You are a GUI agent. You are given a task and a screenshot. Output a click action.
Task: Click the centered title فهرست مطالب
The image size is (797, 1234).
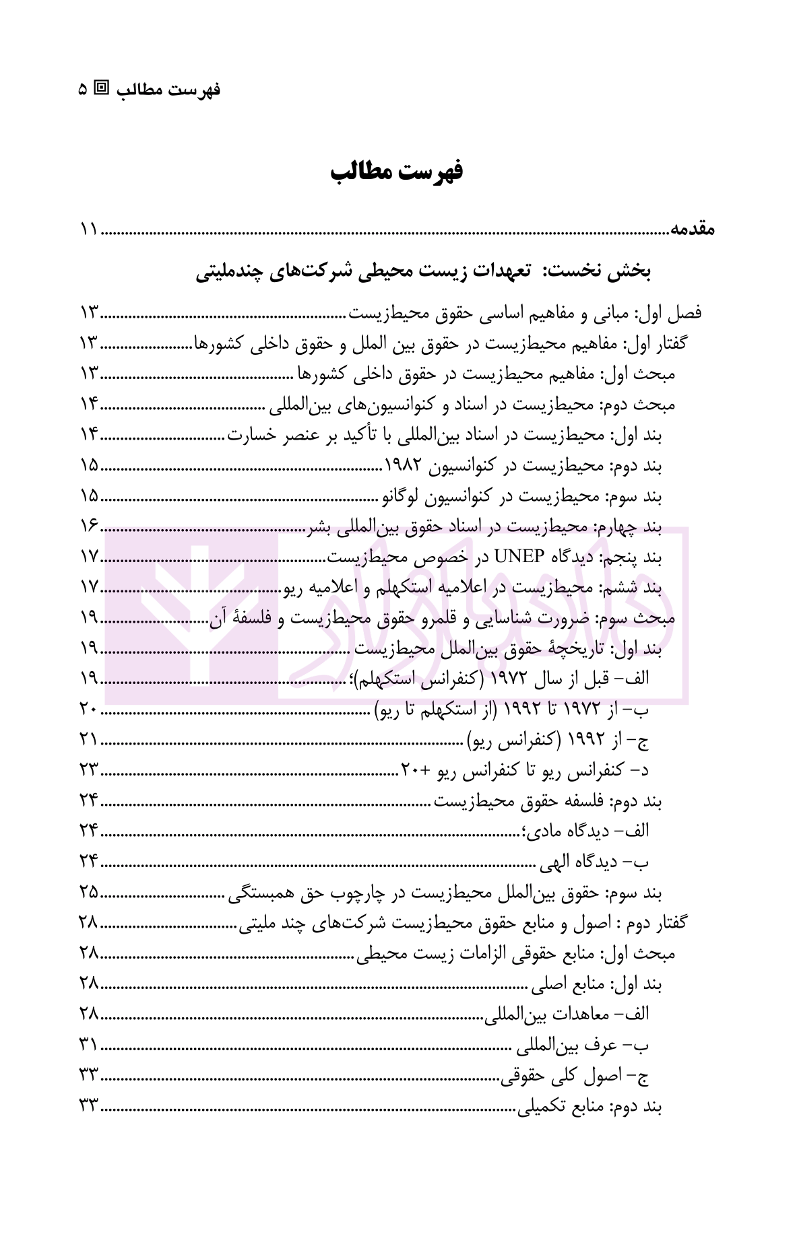click(x=397, y=172)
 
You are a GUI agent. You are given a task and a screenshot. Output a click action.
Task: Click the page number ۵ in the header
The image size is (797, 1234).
click(x=82, y=89)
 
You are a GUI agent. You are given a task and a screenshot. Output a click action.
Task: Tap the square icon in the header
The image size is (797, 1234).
click(x=102, y=88)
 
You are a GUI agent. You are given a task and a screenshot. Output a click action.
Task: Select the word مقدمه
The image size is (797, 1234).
click(x=692, y=230)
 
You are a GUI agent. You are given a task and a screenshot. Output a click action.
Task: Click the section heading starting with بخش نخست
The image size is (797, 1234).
click(x=424, y=272)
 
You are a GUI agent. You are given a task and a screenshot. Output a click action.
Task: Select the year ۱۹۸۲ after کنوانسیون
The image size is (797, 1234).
click(x=403, y=465)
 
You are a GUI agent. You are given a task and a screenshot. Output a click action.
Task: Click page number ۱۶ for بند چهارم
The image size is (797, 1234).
click(x=89, y=526)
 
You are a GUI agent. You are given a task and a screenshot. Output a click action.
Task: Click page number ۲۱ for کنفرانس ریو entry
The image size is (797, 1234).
click(x=89, y=740)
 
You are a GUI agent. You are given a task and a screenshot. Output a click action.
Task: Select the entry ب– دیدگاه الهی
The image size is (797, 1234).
click(x=594, y=861)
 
